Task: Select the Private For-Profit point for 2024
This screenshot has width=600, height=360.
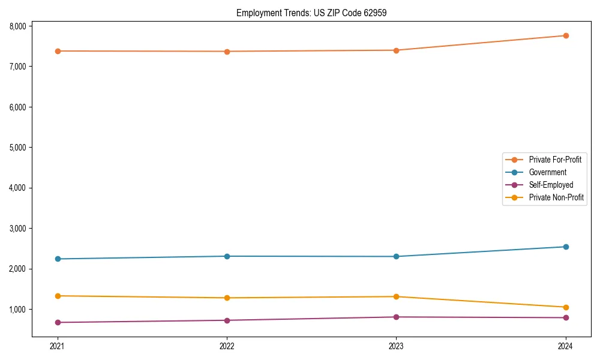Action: click(x=566, y=35)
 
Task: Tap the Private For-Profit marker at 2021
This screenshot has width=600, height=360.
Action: click(x=58, y=51)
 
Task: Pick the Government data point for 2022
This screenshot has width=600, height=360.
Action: click(x=227, y=256)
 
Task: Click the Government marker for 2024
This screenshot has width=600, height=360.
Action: click(x=566, y=247)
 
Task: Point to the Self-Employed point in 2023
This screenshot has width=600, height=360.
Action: click(x=396, y=317)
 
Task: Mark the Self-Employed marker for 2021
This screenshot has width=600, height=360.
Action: click(x=58, y=322)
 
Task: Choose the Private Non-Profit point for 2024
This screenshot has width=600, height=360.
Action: click(x=566, y=307)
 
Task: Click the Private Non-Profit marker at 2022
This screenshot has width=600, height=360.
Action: click(x=227, y=298)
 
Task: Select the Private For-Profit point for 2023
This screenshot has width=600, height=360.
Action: click(x=396, y=50)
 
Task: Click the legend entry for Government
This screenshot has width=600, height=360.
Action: click(x=547, y=172)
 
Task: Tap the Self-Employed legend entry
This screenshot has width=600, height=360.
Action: click(x=551, y=185)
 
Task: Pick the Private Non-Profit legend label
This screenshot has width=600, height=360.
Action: click(x=556, y=197)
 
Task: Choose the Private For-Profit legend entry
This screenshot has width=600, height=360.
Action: click(x=555, y=160)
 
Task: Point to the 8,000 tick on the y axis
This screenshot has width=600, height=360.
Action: click(x=17, y=26)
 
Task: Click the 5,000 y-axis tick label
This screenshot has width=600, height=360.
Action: click(x=17, y=148)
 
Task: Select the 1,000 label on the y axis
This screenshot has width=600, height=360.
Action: click(x=17, y=310)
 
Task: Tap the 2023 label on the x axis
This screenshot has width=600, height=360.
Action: click(x=396, y=346)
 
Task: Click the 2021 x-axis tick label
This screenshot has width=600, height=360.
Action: click(x=58, y=346)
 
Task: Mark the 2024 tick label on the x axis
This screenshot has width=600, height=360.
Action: click(x=566, y=346)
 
